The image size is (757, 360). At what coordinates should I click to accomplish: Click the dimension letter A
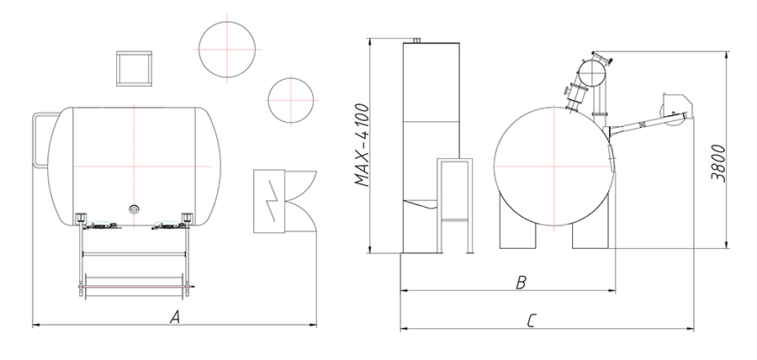175,317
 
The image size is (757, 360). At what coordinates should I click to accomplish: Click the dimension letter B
521,283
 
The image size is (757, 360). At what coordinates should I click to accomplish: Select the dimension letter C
532,321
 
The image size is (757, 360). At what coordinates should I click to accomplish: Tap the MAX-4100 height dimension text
362,145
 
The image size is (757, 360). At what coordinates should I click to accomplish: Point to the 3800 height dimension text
718,162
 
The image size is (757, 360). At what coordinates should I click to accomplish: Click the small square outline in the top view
135,68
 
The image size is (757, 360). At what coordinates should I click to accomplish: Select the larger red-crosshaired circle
227,50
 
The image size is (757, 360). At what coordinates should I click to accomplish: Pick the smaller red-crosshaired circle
291,100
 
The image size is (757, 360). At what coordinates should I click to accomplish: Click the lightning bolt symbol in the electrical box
271,202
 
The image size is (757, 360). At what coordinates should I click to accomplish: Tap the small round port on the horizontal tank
134,209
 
